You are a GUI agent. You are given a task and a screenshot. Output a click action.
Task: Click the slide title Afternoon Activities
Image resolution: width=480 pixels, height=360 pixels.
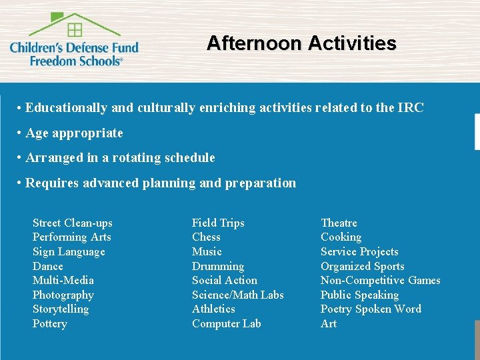pyautogui.click(x=301, y=43)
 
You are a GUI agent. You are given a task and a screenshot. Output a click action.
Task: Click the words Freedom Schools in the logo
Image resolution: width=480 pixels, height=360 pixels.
pyautogui.click(x=75, y=60)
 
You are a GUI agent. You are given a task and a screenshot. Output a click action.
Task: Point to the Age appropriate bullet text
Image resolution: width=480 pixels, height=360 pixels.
pyautogui.click(x=74, y=133)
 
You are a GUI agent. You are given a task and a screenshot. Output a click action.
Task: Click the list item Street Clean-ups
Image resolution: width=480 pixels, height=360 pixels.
pyautogui.click(x=73, y=223)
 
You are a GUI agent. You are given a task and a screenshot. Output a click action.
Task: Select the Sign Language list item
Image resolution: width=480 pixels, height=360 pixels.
pyautogui.click(x=69, y=251)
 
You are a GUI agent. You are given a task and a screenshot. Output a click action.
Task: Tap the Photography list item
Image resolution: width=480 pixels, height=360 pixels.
pyautogui.click(x=63, y=295)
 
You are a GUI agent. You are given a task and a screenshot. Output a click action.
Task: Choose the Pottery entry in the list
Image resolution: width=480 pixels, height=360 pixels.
pyautogui.click(x=50, y=323)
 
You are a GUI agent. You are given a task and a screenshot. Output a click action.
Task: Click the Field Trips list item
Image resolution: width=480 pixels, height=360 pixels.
pyautogui.click(x=218, y=223)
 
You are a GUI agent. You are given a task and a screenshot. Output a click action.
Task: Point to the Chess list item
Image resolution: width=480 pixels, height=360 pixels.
pyautogui.click(x=206, y=237)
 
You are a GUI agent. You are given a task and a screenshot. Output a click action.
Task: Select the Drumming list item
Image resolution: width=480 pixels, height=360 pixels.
pyautogui.click(x=218, y=266)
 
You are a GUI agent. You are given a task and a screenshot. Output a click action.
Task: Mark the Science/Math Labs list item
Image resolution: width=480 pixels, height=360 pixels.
pyautogui.click(x=238, y=295)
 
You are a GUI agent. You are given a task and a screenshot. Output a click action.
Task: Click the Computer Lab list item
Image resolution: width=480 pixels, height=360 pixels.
pyautogui.click(x=227, y=323)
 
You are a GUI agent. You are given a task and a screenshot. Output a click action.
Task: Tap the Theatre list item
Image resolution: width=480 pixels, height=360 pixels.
pyautogui.click(x=339, y=223)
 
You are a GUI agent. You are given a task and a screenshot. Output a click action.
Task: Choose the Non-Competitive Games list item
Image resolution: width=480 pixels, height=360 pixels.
pyautogui.click(x=380, y=280)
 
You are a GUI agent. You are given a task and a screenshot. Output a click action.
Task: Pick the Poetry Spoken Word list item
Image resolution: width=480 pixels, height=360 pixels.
pyautogui.click(x=371, y=309)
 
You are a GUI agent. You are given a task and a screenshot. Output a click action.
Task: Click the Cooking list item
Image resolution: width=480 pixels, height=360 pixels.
pyautogui.click(x=341, y=237)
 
